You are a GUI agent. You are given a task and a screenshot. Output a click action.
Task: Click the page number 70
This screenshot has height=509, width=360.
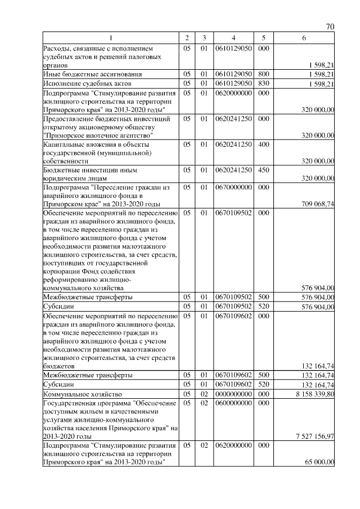click(x=330, y=27)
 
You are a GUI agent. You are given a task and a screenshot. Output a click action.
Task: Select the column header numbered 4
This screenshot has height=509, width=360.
click(x=233, y=38)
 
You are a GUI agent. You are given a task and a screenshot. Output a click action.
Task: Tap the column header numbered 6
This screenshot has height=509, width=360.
click(x=304, y=38)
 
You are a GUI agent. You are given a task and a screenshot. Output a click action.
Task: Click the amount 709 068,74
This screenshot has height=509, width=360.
click(x=317, y=204)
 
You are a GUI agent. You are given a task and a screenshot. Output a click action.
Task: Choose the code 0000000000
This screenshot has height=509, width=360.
click(x=233, y=394)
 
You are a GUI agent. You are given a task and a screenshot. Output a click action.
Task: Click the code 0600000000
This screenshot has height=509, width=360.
click(x=233, y=403)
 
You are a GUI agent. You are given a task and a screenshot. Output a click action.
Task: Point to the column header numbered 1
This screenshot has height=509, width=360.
click(x=111, y=38)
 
